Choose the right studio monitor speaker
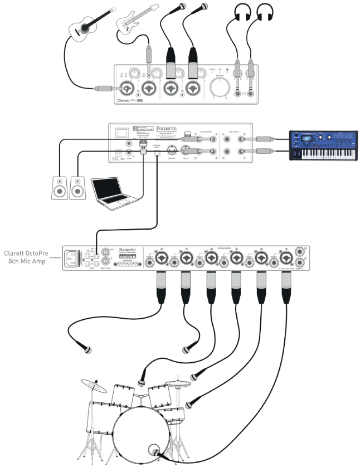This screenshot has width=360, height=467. [77, 187]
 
